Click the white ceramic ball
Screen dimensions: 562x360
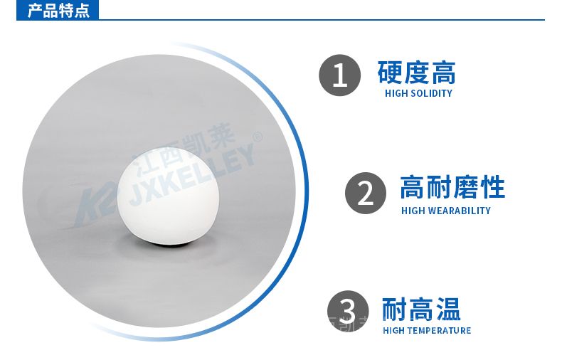click(168, 196)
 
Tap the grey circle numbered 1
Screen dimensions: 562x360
click(339, 75)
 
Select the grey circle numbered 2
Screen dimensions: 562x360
click(366, 194)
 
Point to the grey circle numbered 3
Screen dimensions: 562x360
click(348, 311)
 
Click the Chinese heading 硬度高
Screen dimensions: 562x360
click(416, 73)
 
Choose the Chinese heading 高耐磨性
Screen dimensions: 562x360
click(452, 187)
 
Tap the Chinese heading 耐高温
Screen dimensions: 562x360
click(421, 309)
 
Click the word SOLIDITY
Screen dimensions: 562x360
click(431, 94)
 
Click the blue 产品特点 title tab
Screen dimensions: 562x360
click(58, 10)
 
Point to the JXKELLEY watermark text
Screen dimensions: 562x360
click(192, 176)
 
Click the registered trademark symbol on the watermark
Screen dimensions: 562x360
click(258, 137)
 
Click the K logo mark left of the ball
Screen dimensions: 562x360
click(96, 204)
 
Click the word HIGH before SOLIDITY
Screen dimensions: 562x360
click(396, 94)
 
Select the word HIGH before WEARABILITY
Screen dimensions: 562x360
click(413, 211)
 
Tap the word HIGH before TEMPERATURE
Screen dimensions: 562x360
click(394, 331)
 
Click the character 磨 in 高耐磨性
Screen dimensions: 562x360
click(465, 187)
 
